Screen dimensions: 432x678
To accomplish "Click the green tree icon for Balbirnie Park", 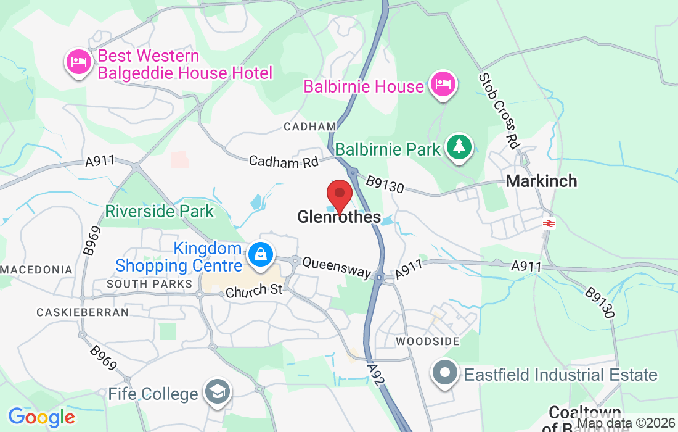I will click(459, 147).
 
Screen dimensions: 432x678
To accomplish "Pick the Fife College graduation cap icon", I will click(217, 393).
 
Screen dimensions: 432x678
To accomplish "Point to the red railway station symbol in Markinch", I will click(548, 223).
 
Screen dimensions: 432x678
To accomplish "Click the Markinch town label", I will click(541, 181).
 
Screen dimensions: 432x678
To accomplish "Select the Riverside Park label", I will click(159, 211).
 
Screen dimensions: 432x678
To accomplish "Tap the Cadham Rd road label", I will click(284, 162).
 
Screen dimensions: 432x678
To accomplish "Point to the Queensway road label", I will click(337, 267).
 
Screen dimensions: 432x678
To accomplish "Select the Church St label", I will click(253, 291).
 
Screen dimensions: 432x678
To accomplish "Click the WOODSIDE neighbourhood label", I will click(428, 341).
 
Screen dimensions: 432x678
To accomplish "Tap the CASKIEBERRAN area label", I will click(83, 312).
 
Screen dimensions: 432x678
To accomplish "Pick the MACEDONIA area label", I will click(37, 270).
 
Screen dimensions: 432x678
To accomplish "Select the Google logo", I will click(41, 417).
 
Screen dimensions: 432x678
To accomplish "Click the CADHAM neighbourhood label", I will click(309, 127).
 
